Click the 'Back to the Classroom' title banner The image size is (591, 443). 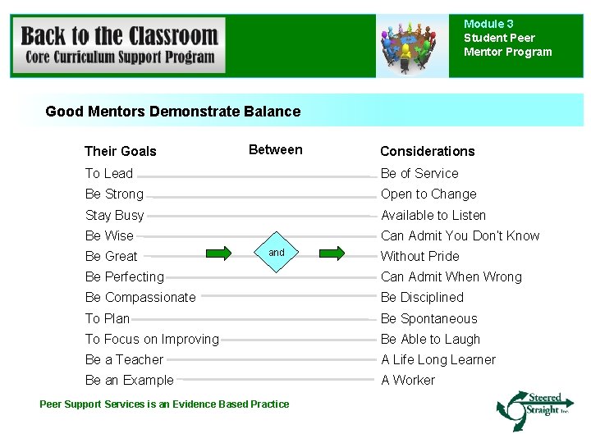pyautogui.click(x=120, y=46)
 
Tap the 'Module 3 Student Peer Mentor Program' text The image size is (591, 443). pyautogui.click(x=507, y=38)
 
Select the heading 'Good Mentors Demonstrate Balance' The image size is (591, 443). pyautogui.click(x=173, y=112)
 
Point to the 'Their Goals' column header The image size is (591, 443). pyautogui.click(x=120, y=151)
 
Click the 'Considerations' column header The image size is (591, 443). pyautogui.click(x=427, y=151)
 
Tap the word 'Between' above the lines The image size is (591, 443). pyautogui.click(x=275, y=149)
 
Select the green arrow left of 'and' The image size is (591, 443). pyautogui.click(x=218, y=253)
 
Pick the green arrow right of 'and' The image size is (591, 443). pyautogui.click(x=332, y=253)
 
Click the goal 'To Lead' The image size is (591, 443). pyautogui.click(x=109, y=173)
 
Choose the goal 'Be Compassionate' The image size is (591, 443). pyautogui.click(x=140, y=297)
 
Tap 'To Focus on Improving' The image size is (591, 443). pyautogui.click(x=152, y=339)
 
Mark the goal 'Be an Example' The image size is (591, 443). pyautogui.click(x=130, y=380)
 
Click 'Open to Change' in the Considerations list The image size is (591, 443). pyautogui.click(x=428, y=194)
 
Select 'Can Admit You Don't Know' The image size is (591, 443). pyautogui.click(x=460, y=235)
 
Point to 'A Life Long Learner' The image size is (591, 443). pyautogui.click(x=438, y=359)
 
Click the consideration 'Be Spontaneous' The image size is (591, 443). pyautogui.click(x=428, y=318)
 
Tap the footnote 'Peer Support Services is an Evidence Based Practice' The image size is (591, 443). pyautogui.click(x=164, y=404)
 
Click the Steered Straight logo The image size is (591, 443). pyautogui.click(x=532, y=409)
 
